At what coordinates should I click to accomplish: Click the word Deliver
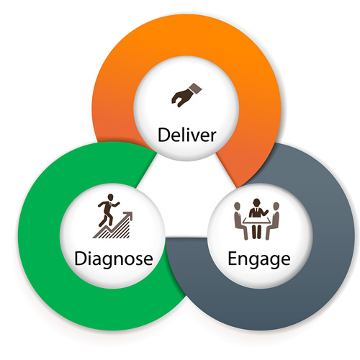point(186,135)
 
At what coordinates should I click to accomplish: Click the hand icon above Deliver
point(186,95)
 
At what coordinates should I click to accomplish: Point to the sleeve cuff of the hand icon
point(195,88)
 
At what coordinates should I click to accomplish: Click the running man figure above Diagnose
point(107,210)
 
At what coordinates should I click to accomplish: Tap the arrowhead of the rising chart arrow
point(128,215)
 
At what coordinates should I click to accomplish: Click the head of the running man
point(110,197)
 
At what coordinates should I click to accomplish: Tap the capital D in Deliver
point(163,135)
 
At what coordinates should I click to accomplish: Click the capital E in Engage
point(232,258)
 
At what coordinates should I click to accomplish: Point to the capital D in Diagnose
point(81,258)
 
